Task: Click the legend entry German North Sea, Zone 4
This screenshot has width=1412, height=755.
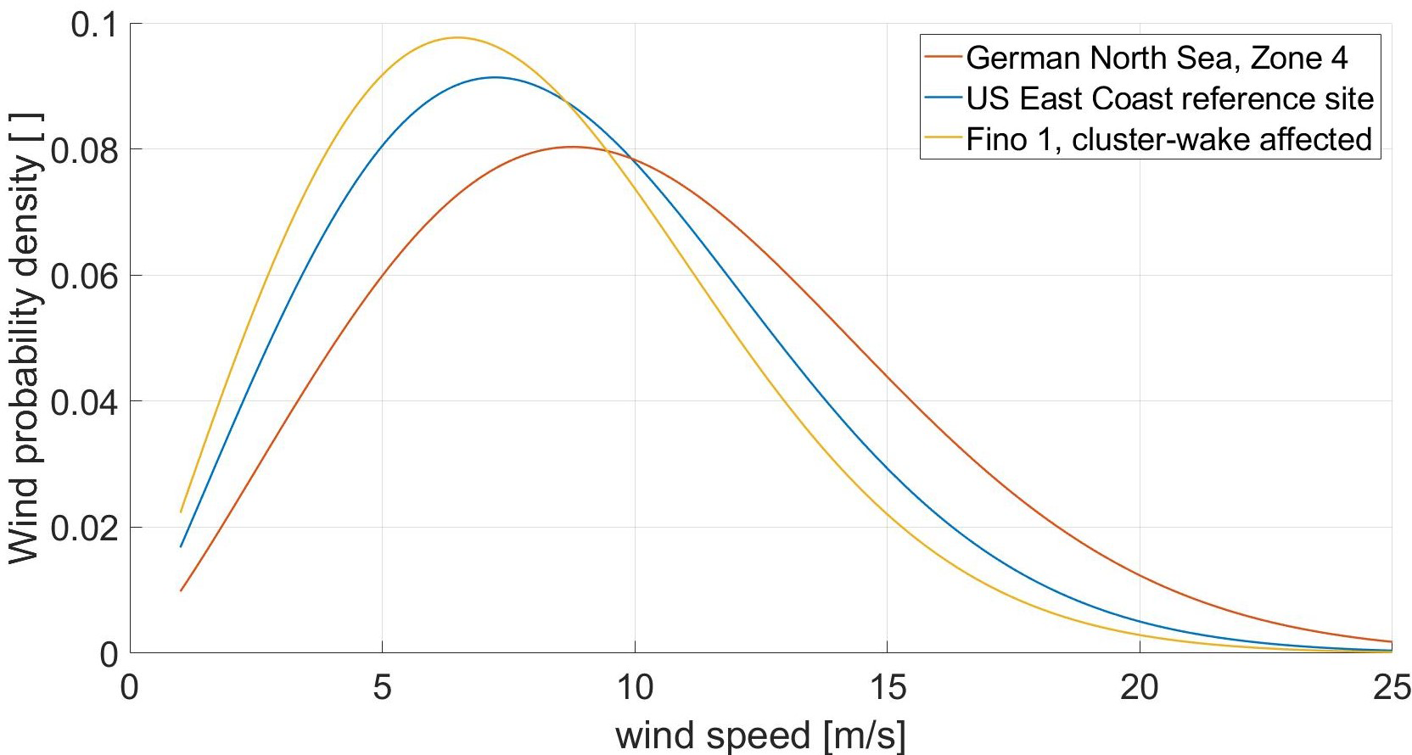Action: (x=1157, y=58)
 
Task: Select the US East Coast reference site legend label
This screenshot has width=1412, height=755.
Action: (x=1169, y=98)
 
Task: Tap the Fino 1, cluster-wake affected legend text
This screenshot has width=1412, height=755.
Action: (x=1168, y=139)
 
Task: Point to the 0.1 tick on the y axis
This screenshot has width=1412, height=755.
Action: (x=94, y=25)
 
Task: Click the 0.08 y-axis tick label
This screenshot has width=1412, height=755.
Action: (x=84, y=151)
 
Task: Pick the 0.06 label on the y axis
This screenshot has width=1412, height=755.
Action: (x=84, y=277)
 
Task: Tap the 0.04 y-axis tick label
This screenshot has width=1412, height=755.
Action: (x=84, y=402)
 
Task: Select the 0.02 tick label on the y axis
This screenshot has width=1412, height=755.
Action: (x=84, y=528)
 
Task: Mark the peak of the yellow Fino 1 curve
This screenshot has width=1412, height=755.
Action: (x=457, y=37)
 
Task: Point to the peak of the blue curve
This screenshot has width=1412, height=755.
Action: (x=494, y=77)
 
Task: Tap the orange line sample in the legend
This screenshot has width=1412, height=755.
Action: (x=944, y=58)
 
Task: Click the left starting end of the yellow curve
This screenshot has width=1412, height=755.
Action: (x=181, y=512)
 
